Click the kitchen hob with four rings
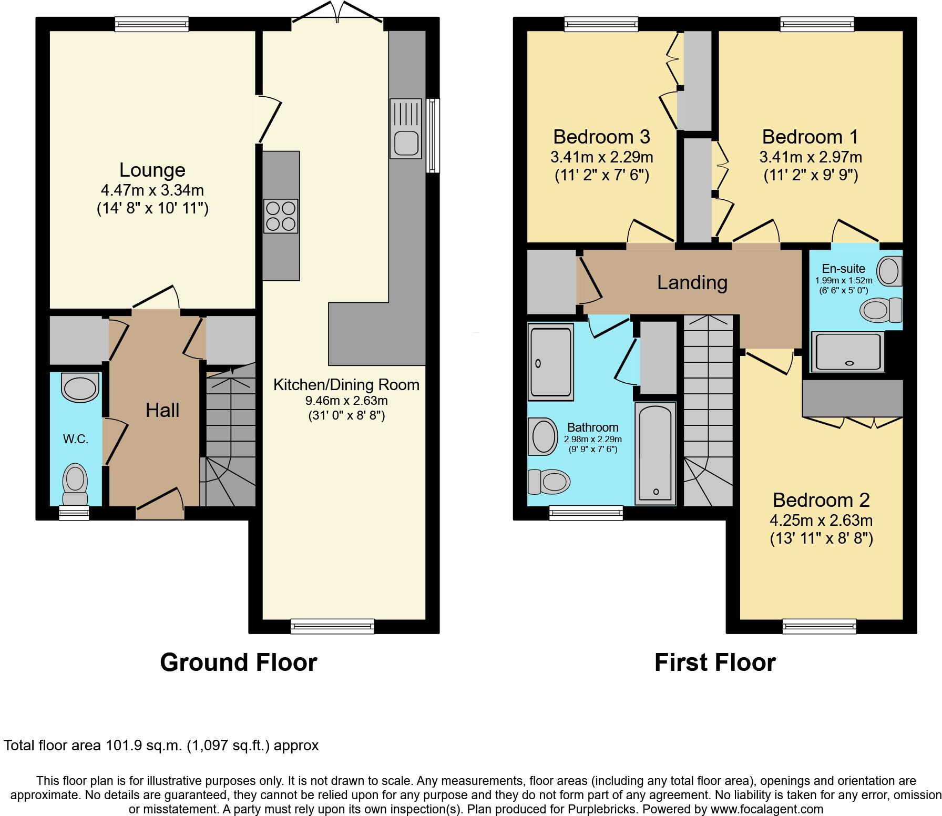pyautogui.click(x=281, y=216)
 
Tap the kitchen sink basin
pyautogui.click(x=405, y=142)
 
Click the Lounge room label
pyautogui.click(x=152, y=170)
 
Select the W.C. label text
pyautogui.click(x=76, y=439)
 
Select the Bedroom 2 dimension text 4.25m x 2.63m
pyautogui.click(x=821, y=521)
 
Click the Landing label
pyautogui.click(x=692, y=282)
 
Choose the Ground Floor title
pyautogui.click(x=238, y=662)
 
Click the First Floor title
pyautogui.click(x=714, y=662)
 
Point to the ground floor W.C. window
pyautogui.click(x=74, y=513)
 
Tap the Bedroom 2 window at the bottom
pyautogui.click(x=819, y=626)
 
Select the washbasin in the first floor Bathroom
pyautogui.click(x=544, y=436)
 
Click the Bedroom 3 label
pyautogui.click(x=601, y=137)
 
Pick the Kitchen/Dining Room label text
pyautogui.click(x=346, y=384)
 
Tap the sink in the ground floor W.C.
pyautogui.click(x=80, y=387)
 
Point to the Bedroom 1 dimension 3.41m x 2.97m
pyautogui.click(x=810, y=157)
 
